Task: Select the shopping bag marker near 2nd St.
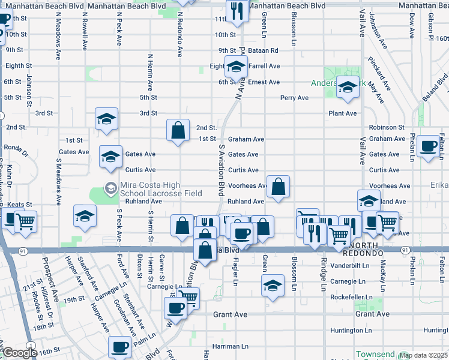[x=178, y=131]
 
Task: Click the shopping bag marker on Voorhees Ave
[x=279, y=187]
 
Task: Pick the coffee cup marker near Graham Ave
[x=429, y=147]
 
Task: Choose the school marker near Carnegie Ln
[x=273, y=284]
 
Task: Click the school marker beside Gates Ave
[x=110, y=157]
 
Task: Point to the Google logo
[x=20, y=353]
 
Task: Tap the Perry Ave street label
[x=294, y=98]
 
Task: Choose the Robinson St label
[x=387, y=128]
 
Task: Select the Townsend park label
[x=376, y=354]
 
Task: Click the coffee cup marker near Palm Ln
[x=119, y=347]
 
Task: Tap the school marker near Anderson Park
[x=348, y=88]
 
